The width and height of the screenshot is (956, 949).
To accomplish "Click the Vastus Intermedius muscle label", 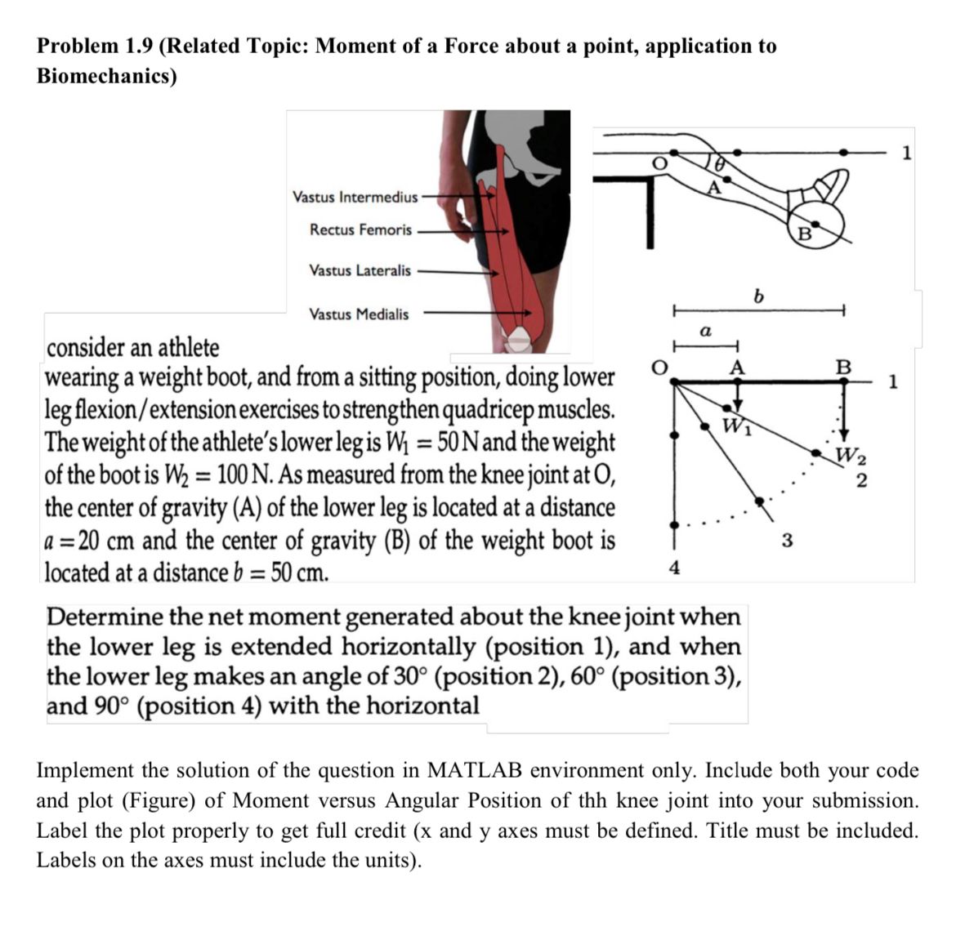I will click(x=355, y=197).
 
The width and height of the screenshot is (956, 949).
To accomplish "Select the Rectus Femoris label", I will click(x=360, y=230).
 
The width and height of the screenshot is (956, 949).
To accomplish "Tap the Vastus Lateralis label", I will click(x=360, y=270).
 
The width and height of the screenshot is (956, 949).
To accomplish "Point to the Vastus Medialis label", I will click(x=359, y=314).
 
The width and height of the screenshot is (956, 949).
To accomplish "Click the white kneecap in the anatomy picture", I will click(x=520, y=336).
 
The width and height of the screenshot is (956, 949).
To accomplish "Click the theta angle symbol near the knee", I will click(x=718, y=163).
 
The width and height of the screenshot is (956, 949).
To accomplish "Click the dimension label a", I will click(x=705, y=332).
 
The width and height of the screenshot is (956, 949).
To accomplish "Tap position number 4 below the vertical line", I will click(x=673, y=568).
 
